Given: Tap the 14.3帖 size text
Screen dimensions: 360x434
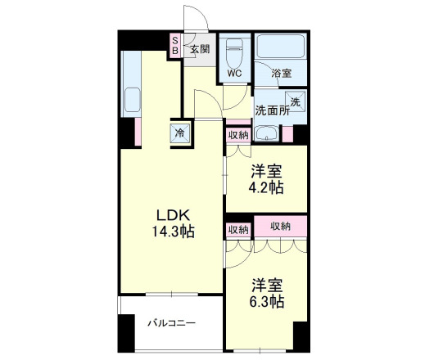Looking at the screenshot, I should pos(172,232).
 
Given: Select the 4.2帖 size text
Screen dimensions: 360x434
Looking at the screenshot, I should pos(267,187).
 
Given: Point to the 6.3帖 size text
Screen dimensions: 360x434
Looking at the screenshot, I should pos(267,302).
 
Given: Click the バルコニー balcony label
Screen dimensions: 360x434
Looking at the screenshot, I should pos(171,323).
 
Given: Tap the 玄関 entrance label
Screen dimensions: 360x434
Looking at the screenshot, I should pos(200,48).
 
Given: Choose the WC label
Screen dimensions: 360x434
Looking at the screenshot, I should pos(235,74).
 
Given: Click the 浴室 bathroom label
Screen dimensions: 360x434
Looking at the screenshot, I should pos(281,74).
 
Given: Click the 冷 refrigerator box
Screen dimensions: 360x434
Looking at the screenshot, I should pos(179,133).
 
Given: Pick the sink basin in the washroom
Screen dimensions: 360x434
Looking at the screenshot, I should pos(265,134).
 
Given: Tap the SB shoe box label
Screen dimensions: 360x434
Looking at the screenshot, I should pos(174,44).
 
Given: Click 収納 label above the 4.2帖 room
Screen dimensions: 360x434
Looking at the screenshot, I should pos(238,135).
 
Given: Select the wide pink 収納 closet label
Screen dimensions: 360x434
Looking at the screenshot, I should pos(281,227).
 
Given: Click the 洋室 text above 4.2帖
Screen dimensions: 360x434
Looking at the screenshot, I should pos(267,172).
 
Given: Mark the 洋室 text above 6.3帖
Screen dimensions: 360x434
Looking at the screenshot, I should pos(267,286).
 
